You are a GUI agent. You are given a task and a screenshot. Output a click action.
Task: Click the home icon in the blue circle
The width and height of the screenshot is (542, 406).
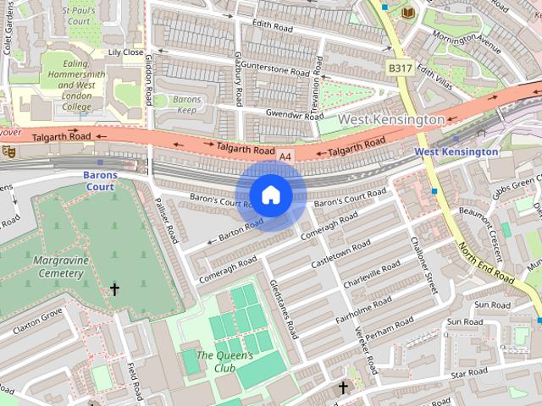[x=270, y=195]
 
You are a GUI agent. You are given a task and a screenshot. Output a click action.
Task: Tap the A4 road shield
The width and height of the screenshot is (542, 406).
[x=286, y=156]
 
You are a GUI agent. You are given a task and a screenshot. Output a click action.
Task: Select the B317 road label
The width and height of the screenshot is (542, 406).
[x=401, y=67]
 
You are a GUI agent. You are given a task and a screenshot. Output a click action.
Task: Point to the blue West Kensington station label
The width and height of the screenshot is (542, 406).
[x=456, y=151]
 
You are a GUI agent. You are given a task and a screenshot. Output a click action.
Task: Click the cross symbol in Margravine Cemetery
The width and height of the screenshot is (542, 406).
[x=114, y=290]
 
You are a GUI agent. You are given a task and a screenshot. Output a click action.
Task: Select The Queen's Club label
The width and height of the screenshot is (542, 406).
[x=224, y=362]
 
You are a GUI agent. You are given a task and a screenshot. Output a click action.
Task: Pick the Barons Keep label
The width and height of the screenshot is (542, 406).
[x=186, y=105]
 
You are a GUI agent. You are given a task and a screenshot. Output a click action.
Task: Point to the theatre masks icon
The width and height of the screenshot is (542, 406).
[x=9, y=151]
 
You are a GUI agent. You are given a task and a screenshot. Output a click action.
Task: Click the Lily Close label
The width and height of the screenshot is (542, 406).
[x=125, y=52]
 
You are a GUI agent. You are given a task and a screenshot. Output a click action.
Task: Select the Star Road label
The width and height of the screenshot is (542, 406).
[x=470, y=372]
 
